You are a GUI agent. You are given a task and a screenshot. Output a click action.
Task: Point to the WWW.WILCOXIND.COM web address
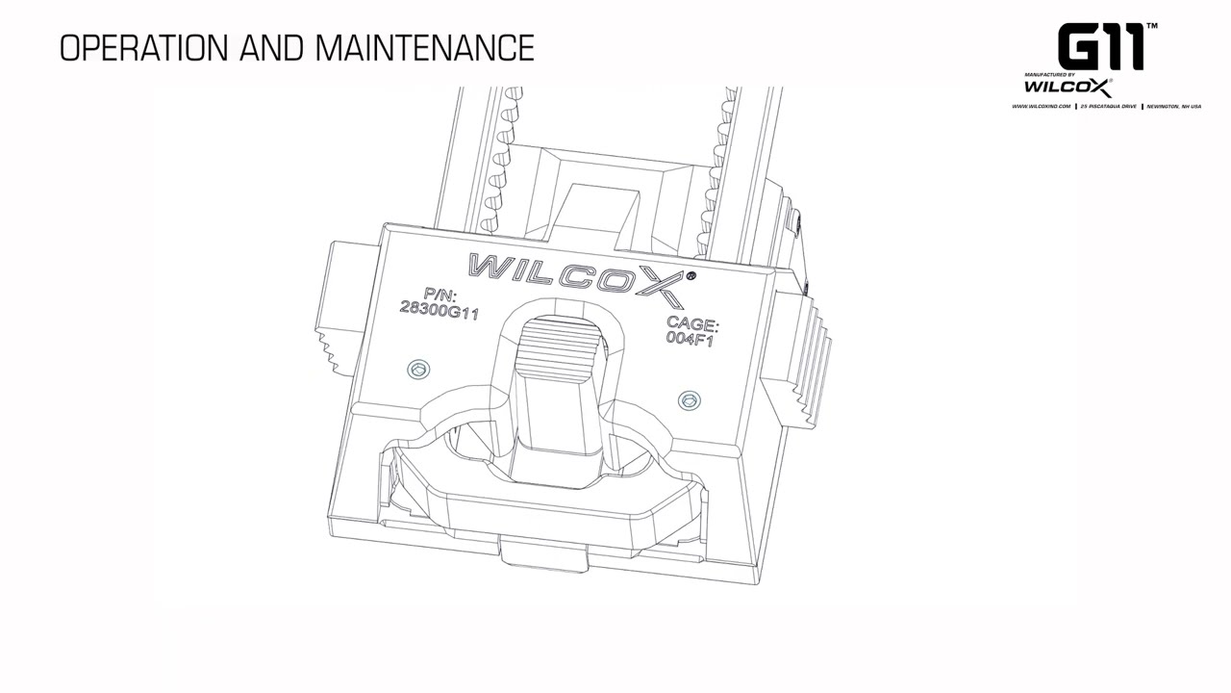pyautogui.click(x=1042, y=107)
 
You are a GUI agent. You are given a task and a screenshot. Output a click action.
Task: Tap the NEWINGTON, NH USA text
pyautogui.click(x=1173, y=107)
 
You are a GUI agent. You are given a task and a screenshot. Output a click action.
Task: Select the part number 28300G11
pyautogui.click(x=439, y=311)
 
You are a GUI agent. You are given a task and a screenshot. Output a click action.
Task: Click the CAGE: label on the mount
pyautogui.click(x=692, y=324)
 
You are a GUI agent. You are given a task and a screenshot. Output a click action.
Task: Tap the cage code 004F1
pyautogui.click(x=690, y=339)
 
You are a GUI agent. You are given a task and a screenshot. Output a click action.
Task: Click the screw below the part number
pyautogui.click(x=417, y=369)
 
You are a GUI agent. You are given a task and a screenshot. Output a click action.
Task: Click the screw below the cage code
pyautogui.click(x=689, y=400)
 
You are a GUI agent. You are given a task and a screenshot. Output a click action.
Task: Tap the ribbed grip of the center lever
pyautogui.click(x=558, y=346)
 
